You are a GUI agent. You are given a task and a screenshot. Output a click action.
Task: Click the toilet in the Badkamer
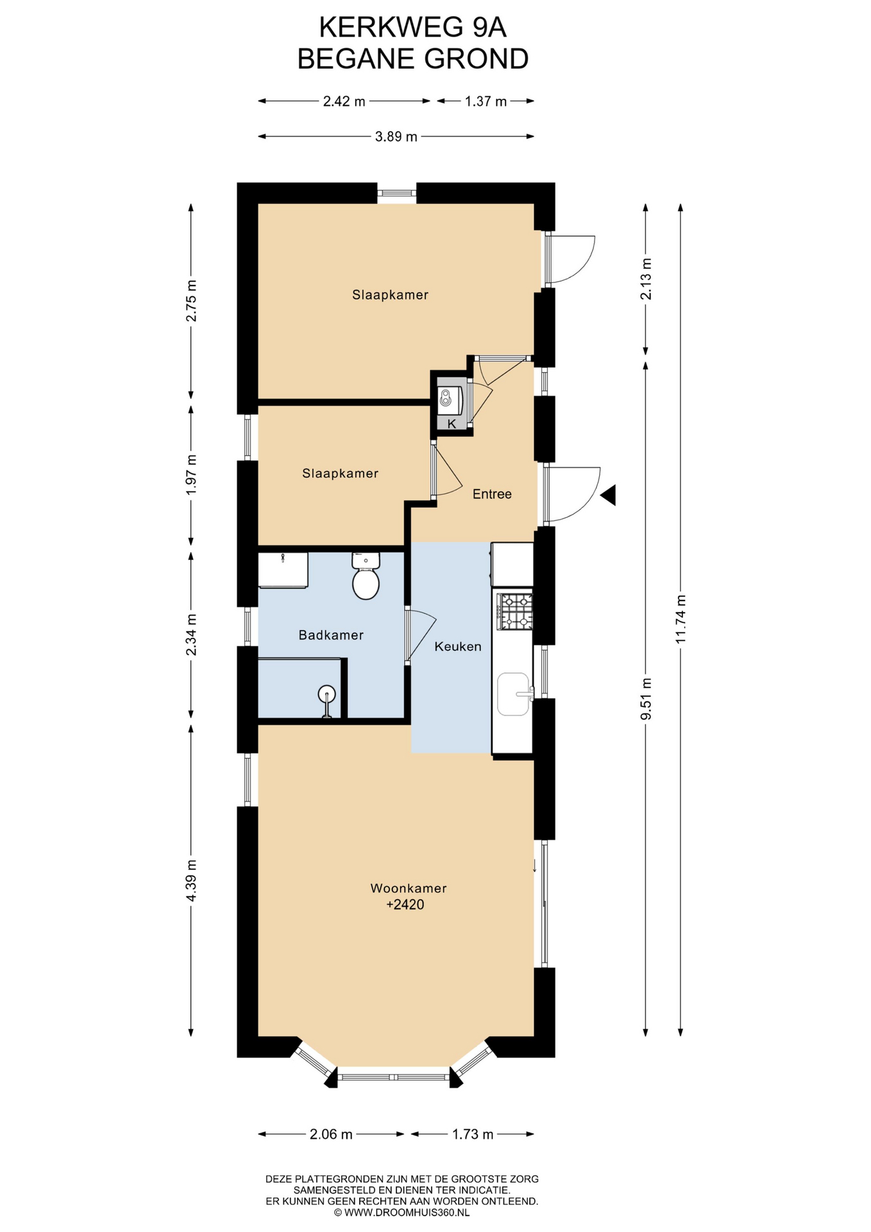tap(366, 576)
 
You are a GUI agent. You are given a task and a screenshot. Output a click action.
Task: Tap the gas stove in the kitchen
tap(515, 611)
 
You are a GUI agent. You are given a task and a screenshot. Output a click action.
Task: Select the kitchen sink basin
tap(513, 694)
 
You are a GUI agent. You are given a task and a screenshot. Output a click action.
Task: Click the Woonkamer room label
tap(409, 888)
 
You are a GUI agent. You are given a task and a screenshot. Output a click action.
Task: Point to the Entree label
tap(492, 493)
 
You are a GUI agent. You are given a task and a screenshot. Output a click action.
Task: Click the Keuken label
tap(458, 646)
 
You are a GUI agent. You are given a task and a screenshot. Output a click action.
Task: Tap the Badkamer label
tap(331, 635)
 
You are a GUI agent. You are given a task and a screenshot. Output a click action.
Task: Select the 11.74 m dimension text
tap(681, 619)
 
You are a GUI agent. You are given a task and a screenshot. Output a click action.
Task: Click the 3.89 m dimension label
tap(396, 136)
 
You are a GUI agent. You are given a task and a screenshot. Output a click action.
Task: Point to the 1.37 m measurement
tap(486, 101)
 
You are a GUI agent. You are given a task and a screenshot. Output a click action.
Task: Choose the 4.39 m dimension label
tap(191, 880)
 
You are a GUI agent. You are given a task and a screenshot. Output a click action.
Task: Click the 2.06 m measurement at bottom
tap(331, 1134)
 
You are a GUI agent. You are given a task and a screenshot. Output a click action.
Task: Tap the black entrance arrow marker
tap(608, 495)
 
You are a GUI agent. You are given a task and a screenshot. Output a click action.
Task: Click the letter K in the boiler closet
tap(452, 424)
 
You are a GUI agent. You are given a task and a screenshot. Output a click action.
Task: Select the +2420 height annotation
tap(405, 905)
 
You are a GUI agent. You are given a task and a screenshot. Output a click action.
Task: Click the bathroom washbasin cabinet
tap(283, 570)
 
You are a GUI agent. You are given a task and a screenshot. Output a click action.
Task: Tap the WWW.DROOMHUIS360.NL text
tap(407, 1212)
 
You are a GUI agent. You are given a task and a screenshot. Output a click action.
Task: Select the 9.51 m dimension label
tap(646, 698)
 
